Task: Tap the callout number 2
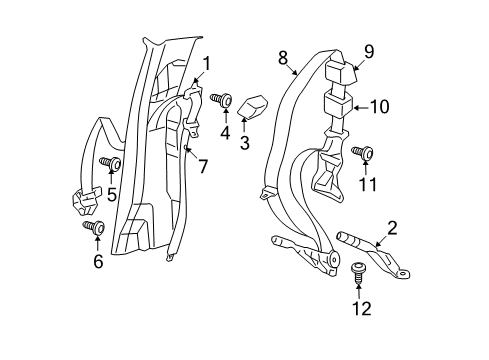(392, 229)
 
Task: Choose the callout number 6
(97, 262)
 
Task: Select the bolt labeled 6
(91, 227)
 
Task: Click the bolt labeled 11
(364, 152)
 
